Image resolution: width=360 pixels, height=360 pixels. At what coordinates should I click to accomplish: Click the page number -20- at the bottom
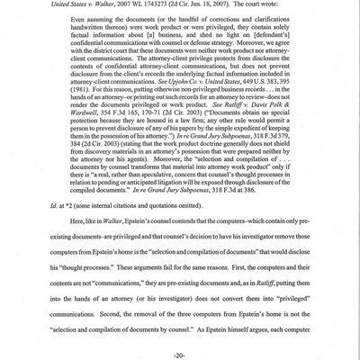(x=179, y=346)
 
